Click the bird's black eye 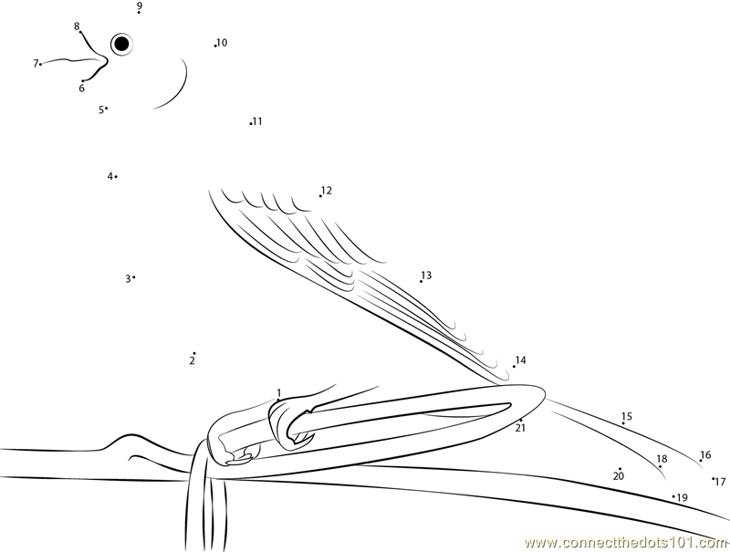coord(121,44)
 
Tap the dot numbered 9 coord(139,13)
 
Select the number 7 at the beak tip coord(36,63)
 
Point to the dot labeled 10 coord(215,46)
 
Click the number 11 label coord(257,121)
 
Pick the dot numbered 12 coord(320,196)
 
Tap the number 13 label coord(426,275)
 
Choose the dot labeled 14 coord(514,366)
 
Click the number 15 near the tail coord(627,416)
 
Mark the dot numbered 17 coord(713,478)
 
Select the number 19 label coord(682,498)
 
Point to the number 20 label coord(619,476)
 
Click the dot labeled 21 coord(521,421)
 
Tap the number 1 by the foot coord(279,392)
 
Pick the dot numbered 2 coord(194,353)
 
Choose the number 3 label coord(128,279)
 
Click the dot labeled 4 coord(116,176)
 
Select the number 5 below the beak coord(101,109)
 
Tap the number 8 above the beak coord(77,26)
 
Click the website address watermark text coord(626,543)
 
